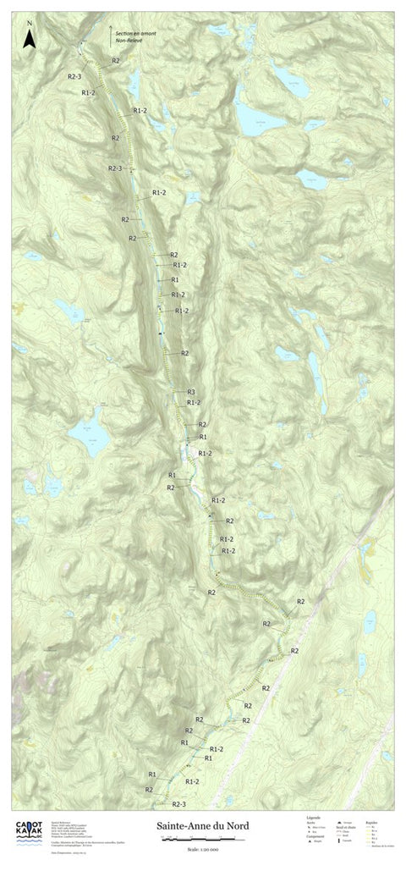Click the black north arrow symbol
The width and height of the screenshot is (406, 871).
coord(28,38)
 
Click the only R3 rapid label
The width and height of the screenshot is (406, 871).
coord(191,392)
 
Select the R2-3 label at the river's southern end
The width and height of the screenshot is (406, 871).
coord(179,803)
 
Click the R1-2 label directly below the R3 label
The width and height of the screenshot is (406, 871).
coord(193,403)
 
